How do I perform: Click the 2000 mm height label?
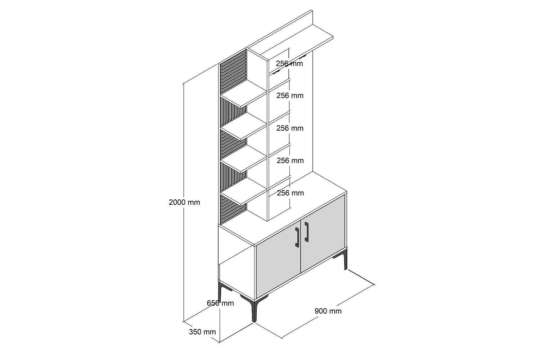[x=184, y=202]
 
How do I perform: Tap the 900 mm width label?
[x=328, y=311]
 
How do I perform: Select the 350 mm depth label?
[x=202, y=332]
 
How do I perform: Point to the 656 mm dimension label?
[x=220, y=303]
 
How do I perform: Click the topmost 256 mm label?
[x=289, y=63]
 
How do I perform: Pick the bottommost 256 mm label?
[x=290, y=193]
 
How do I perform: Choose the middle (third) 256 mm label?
[x=290, y=128]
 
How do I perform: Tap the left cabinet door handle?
[x=297, y=237]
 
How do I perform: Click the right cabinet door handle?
[x=306, y=232]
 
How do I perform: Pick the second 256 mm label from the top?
[x=290, y=95]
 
